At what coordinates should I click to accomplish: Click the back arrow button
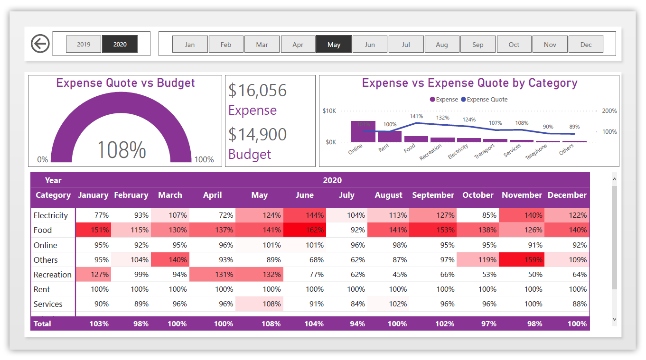click(x=40, y=44)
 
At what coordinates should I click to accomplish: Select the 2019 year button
click(x=84, y=44)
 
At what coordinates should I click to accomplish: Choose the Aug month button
click(x=442, y=45)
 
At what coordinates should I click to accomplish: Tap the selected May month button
click(x=334, y=45)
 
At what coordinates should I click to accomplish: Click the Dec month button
click(x=586, y=45)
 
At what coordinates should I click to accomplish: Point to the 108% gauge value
click(x=122, y=150)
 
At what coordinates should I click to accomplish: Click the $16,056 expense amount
click(x=258, y=90)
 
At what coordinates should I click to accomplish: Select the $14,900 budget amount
click(x=258, y=134)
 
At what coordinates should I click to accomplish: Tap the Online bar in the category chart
click(x=363, y=132)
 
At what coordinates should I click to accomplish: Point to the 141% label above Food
click(x=416, y=116)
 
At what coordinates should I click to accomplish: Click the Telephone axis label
click(x=536, y=151)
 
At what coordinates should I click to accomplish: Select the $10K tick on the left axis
click(x=329, y=111)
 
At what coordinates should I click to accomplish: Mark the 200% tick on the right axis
click(x=609, y=111)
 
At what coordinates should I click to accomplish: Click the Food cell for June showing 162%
click(x=304, y=230)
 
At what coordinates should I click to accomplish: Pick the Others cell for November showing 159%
click(x=522, y=260)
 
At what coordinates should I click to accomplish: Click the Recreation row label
click(x=53, y=275)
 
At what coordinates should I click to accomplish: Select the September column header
click(x=433, y=195)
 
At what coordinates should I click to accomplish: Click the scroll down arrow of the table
click(x=615, y=320)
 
